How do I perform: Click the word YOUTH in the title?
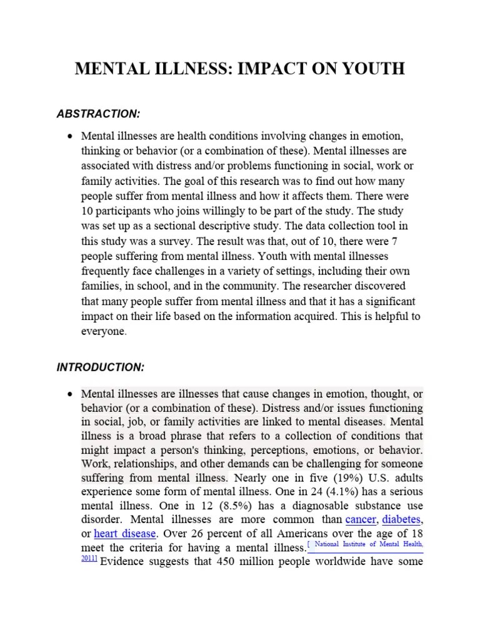coord(371,69)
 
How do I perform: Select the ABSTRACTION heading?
coord(98,114)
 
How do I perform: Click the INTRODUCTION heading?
coord(101,367)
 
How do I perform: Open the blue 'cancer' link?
coord(361,520)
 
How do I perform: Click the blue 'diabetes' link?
coord(401,520)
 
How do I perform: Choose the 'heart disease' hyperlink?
coord(124,534)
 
